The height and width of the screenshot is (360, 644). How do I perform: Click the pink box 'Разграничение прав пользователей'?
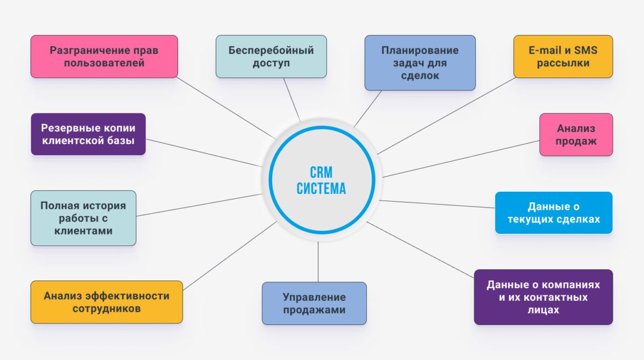[x=104, y=56]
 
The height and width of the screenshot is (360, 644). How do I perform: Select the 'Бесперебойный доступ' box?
[x=271, y=56]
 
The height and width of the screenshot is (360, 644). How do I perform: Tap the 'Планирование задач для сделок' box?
[x=420, y=62]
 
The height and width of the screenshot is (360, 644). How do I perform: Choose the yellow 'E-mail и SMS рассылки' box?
[x=563, y=56]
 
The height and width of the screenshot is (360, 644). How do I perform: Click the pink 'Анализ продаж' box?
[x=576, y=135]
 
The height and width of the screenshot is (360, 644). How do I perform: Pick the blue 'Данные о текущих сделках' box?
[x=554, y=213]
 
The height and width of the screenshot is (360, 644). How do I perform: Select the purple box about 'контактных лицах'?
[x=543, y=297]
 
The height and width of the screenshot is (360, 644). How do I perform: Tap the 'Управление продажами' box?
[x=314, y=304]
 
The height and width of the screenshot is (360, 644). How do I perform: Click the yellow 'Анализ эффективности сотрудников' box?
[x=106, y=302]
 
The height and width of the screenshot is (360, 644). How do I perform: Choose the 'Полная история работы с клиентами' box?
[x=83, y=218]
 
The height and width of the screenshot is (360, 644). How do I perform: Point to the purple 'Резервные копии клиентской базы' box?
[x=88, y=134]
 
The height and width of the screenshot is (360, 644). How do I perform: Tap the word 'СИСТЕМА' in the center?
[x=321, y=188]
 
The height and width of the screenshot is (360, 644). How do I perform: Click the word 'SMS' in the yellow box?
[x=586, y=50]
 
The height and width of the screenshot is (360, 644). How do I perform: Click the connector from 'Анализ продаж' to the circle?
[x=460, y=159]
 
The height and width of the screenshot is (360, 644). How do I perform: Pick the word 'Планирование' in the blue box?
[x=420, y=50]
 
